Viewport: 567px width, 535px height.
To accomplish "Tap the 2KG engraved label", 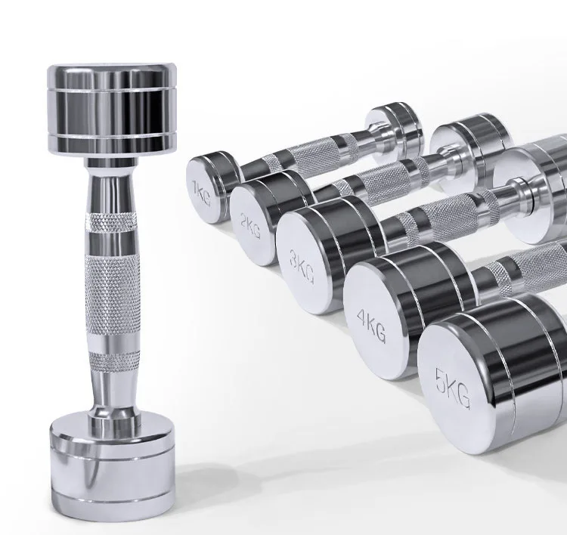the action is coord(250,226).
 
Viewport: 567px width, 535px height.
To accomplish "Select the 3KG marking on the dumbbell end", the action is coord(302,266).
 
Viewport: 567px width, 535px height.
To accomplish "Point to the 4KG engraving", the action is coord(371,326).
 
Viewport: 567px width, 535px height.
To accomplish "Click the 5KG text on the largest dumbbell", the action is coord(453,389).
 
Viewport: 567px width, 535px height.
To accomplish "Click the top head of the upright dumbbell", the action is coord(112,110).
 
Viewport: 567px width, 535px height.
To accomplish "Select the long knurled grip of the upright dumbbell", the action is coord(113,294).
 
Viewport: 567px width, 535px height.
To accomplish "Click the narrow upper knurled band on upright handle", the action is coord(112,222).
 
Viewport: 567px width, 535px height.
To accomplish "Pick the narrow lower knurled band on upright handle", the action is coord(114,360).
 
